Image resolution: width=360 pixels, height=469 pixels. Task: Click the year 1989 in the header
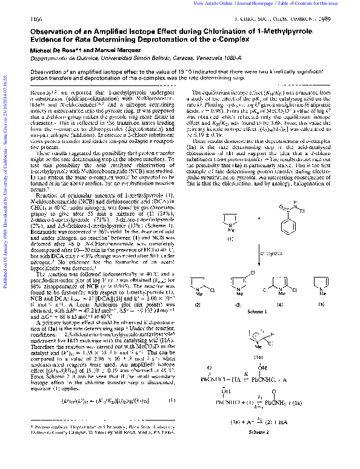[x=344, y=19]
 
